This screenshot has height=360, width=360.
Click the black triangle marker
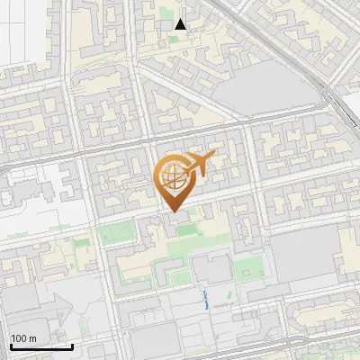click(x=181, y=24)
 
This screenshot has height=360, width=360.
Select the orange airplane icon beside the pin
click(x=199, y=163)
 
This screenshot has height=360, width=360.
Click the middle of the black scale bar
click(x=41, y=346)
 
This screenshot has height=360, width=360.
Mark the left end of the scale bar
click(x=11, y=346)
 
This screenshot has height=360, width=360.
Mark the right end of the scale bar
click(x=72, y=346)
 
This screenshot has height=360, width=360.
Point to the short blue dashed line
click(x=207, y=300)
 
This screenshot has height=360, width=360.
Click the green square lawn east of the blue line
click(x=245, y=267)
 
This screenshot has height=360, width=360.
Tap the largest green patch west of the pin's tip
click(x=114, y=234)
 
